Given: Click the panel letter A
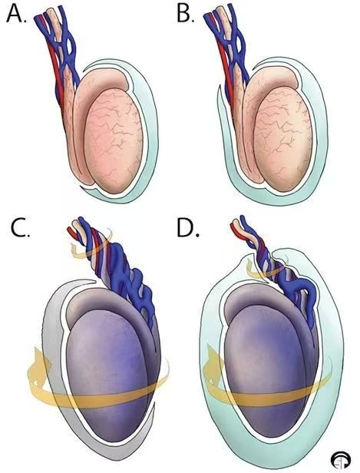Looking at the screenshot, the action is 16,14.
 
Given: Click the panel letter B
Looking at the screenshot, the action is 184,14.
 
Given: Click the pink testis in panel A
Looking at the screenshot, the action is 113,141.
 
